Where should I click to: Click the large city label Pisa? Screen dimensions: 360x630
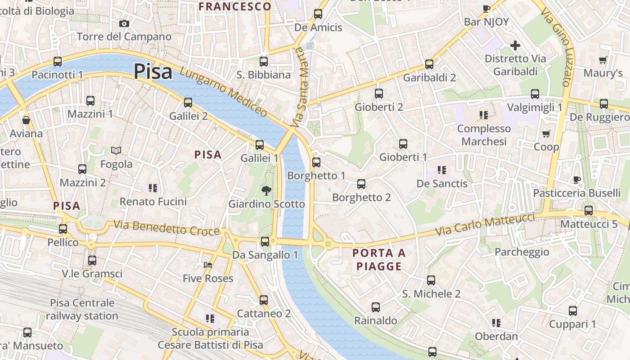point(153,72)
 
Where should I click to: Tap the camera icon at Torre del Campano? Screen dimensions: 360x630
point(124,23)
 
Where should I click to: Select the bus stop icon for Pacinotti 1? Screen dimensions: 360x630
point(57,62)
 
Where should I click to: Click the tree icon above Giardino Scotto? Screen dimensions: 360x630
point(266,190)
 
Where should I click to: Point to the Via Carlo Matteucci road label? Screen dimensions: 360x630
point(485,225)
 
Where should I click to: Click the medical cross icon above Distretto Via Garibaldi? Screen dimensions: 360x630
point(515,45)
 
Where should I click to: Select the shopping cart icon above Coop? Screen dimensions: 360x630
point(546,134)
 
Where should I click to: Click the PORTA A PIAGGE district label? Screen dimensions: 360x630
point(379,260)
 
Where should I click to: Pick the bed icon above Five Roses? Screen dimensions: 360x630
point(207,265)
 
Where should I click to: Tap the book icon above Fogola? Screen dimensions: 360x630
point(116,150)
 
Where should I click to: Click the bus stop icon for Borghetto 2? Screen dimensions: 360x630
point(361,184)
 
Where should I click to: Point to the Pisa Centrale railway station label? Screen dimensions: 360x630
point(82,309)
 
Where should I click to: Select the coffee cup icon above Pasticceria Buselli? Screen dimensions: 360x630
point(576,180)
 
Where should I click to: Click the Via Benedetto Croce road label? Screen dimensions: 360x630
point(166,228)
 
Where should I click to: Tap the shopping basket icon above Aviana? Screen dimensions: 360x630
point(26,120)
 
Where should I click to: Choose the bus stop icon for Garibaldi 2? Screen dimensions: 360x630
point(429,64)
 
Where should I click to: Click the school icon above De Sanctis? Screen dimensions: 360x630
point(441,170)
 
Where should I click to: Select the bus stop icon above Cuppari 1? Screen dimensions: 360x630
point(572,310)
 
